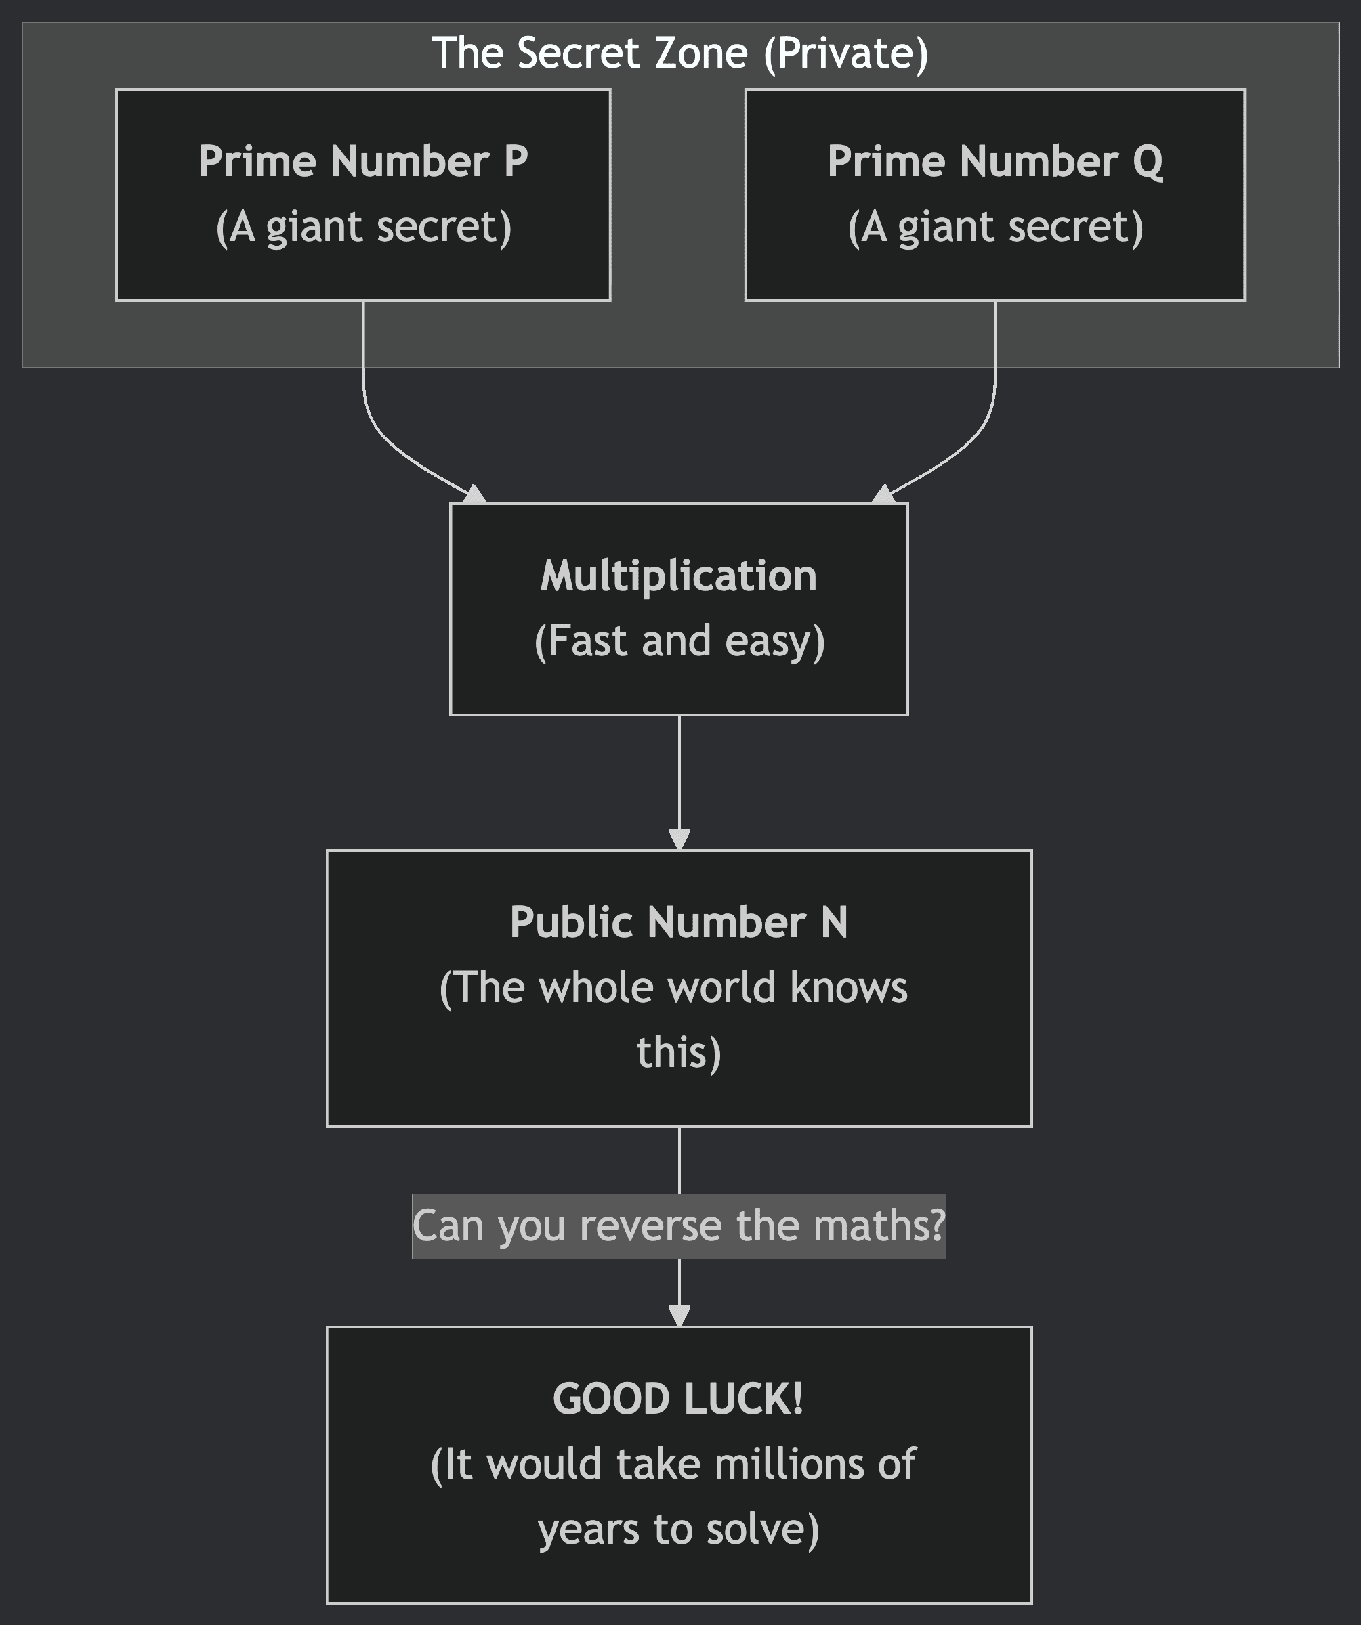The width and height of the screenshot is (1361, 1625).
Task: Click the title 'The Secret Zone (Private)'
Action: [679, 53]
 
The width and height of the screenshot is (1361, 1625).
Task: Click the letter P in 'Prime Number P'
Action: [516, 161]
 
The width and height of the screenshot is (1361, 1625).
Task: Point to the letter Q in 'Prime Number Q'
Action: [1148, 162]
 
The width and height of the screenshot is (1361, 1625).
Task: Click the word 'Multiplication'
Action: [678, 576]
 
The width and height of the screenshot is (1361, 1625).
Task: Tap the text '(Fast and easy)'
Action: [679, 641]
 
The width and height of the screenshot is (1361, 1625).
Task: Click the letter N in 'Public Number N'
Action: [834, 922]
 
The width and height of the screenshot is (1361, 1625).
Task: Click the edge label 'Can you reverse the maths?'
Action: [679, 1226]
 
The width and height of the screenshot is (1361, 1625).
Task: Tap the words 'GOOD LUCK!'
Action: [678, 1399]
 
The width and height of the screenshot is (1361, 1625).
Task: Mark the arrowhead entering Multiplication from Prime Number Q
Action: [883, 494]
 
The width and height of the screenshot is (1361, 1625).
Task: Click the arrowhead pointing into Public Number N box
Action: [679, 839]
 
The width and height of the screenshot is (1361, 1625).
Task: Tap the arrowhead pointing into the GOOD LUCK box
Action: [679, 1316]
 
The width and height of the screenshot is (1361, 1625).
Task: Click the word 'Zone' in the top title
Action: [700, 53]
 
